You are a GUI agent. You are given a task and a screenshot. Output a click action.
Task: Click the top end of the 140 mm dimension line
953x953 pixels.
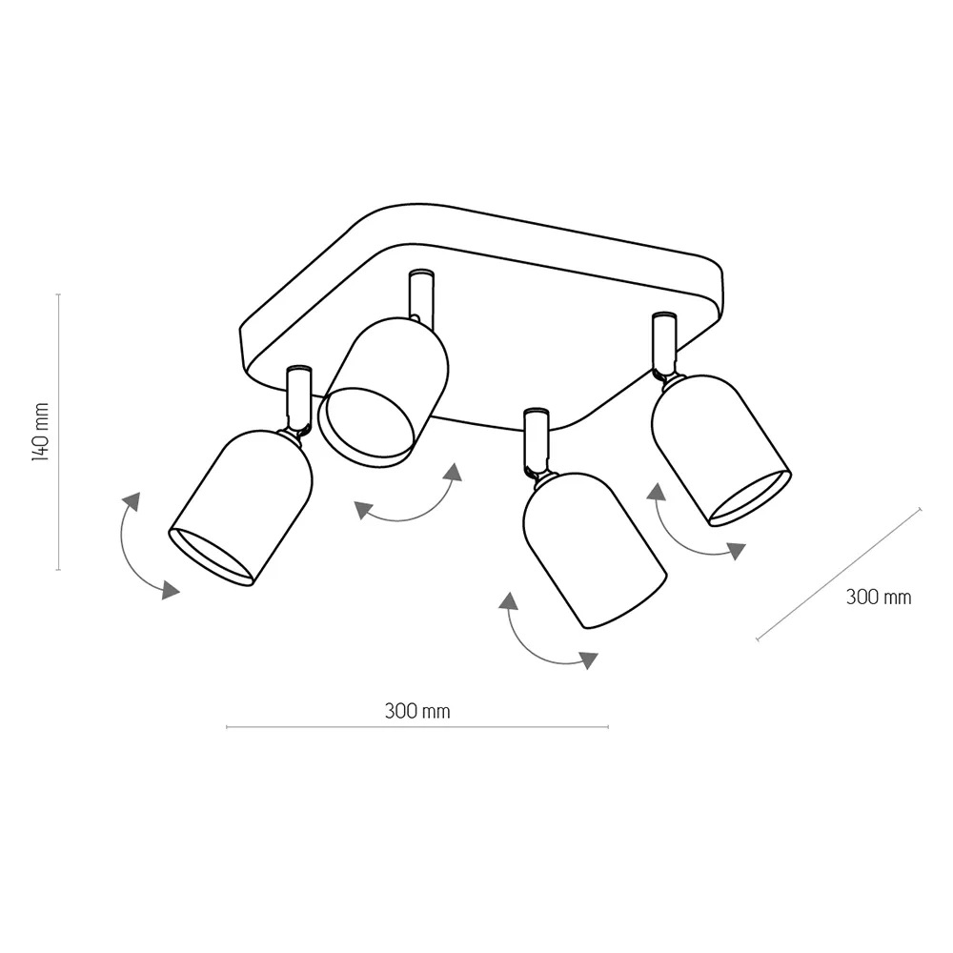pyautogui.click(x=58, y=294)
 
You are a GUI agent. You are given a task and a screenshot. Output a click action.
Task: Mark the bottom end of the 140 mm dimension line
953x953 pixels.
pyautogui.click(x=58, y=570)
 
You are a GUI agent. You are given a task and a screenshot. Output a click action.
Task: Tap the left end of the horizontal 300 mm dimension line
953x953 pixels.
pyautogui.click(x=227, y=726)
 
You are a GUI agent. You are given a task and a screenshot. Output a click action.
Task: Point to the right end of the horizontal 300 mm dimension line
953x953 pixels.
pyautogui.click(x=608, y=726)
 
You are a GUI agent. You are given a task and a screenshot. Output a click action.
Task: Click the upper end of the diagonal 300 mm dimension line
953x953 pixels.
pyautogui.click(x=920, y=509)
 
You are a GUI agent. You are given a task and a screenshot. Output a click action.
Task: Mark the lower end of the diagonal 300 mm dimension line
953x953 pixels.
pyautogui.click(x=758, y=639)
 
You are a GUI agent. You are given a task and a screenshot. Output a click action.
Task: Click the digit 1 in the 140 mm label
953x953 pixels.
pyautogui.click(x=40, y=456)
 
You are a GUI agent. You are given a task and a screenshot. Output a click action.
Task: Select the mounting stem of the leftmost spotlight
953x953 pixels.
pyautogui.click(x=298, y=399)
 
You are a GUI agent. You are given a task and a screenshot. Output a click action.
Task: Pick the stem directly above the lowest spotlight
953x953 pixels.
pyautogui.click(x=537, y=440)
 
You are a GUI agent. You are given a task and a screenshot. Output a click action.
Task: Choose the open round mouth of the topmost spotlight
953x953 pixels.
pyautogui.click(x=366, y=428)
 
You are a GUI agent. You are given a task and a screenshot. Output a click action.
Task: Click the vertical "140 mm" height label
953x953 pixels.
pyautogui.click(x=40, y=432)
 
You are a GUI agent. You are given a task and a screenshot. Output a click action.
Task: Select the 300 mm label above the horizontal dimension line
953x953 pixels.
pyautogui.click(x=417, y=711)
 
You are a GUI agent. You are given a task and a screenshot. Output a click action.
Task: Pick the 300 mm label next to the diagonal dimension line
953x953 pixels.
pyautogui.click(x=879, y=597)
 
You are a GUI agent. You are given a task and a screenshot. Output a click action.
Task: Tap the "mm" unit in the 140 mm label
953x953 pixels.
pyautogui.click(x=41, y=414)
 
